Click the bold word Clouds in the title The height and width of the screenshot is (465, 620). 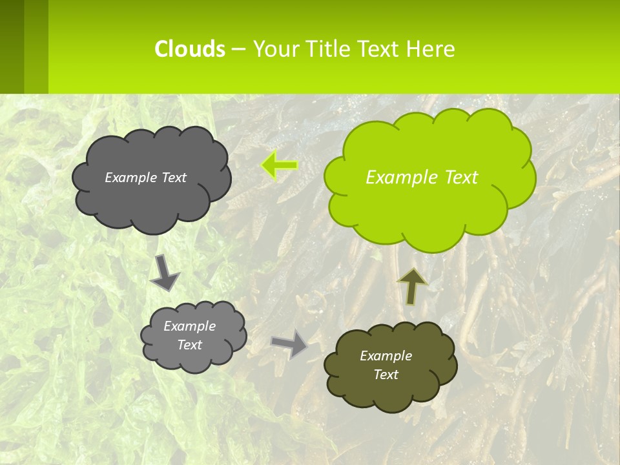[190, 49]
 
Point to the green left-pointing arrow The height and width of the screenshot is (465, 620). [279, 165]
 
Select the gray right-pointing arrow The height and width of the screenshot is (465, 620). [289, 344]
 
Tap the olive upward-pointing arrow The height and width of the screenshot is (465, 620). [411, 286]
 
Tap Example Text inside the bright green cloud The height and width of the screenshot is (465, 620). [422, 178]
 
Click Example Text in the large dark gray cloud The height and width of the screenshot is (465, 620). [145, 178]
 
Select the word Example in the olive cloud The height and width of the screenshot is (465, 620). [386, 356]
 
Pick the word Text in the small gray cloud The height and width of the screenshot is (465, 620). [189, 345]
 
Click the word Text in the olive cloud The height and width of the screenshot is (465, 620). [386, 375]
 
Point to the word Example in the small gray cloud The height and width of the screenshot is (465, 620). [189, 326]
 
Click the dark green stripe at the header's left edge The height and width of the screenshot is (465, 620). [12, 46]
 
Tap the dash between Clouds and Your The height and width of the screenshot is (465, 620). [238, 49]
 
